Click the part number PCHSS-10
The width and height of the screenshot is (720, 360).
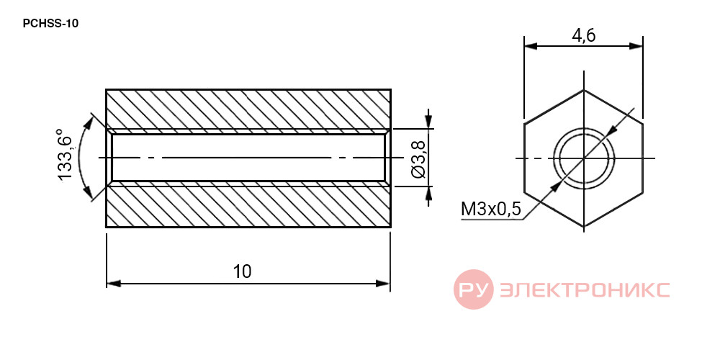click(x=50, y=24)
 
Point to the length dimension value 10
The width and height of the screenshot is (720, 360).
click(x=243, y=271)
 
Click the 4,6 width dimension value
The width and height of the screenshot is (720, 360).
click(x=583, y=36)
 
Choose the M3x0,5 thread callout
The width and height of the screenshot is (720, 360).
click(x=491, y=210)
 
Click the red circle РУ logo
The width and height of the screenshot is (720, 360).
click(x=474, y=289)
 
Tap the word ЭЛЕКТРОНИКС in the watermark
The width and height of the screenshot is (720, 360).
click(x=585, y=289)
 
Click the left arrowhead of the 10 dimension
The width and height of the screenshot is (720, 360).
click(x=114, y=283)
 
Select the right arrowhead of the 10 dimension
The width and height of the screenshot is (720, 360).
click(x=383, y=283)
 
